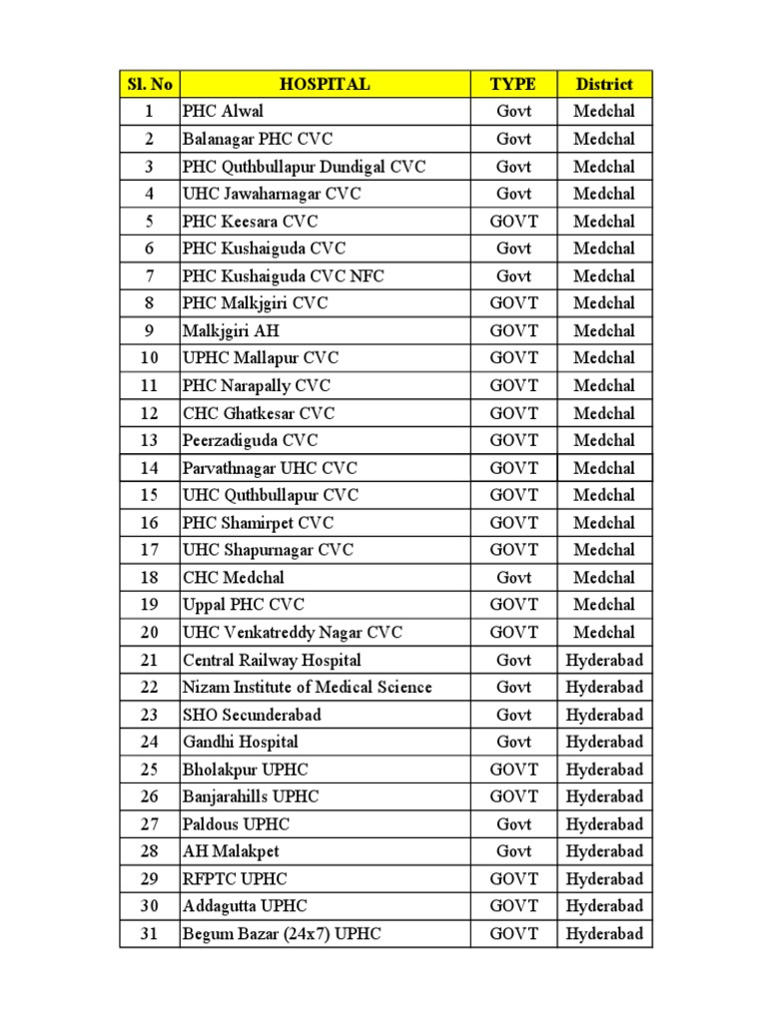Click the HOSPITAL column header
coord(325,85)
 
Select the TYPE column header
coord(513,85)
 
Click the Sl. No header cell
coord(149,85)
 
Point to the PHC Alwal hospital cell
coord(223,112)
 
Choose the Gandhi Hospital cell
coord(241,743)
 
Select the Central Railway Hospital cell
coord(272,661)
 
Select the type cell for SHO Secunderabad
coord(513,716)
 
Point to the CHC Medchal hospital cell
coord(234,578)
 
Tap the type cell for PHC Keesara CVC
coord(513,222)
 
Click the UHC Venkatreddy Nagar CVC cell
coord(293,633)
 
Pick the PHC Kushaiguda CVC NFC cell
coord(284,276)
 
